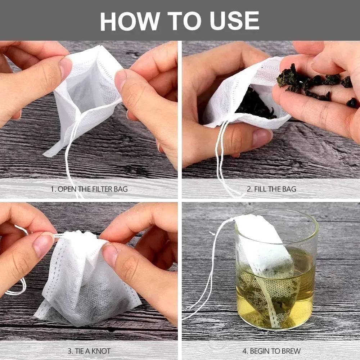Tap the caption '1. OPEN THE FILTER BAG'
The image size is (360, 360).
(89, 189)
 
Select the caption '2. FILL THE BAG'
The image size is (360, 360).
(271, 189)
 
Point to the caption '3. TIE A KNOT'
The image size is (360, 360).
(89, 351)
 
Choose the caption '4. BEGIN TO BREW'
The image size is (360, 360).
(271, 351)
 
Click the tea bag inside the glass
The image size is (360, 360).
(268, 266)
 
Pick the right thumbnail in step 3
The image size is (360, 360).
(109, 254)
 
